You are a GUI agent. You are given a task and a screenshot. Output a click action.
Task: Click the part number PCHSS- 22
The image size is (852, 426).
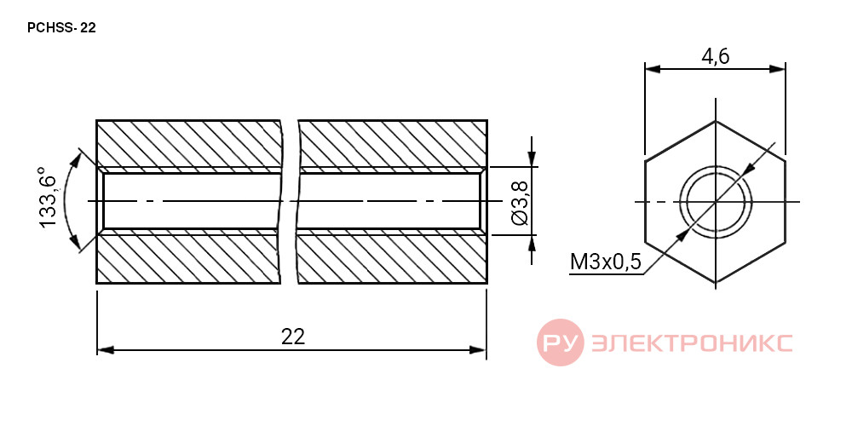(61, 28)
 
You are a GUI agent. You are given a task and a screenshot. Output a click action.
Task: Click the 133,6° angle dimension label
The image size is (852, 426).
(48, 202)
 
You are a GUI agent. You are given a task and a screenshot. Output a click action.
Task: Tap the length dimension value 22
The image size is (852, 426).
(293, 337)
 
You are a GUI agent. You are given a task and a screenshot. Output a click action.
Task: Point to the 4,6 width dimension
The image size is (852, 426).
(715, 56)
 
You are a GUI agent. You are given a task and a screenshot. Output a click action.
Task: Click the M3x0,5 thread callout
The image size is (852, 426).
(606, 263)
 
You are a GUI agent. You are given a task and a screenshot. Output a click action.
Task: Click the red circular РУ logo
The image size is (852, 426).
(560, 343)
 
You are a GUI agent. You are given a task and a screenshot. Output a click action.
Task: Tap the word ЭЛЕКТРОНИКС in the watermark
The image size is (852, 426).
(691, 343)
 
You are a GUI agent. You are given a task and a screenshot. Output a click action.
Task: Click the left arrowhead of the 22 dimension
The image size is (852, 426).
(106, 350)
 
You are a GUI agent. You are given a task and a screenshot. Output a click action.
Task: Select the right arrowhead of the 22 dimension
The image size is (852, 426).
(478, 350)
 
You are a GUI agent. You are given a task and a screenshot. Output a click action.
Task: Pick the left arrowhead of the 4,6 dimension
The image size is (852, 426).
(653, 69)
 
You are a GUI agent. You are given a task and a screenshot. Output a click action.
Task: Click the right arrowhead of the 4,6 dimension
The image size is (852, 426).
(777, 69)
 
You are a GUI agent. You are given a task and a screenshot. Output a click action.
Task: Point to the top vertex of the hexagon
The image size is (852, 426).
(715, 121)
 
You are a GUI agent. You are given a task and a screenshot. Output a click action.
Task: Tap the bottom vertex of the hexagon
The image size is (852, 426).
(715, 283)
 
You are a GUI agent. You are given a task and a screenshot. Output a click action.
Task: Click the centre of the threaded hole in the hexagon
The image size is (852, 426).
(715, 202)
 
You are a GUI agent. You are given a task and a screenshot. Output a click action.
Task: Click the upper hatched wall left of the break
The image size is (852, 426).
(188, 143)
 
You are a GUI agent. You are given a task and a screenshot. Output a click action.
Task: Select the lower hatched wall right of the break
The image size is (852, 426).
(392, 259)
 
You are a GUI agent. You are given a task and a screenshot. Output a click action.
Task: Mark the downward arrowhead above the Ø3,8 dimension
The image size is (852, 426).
(532, 158)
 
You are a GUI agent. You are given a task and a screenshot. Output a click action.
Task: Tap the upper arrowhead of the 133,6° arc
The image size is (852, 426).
(77, 158)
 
